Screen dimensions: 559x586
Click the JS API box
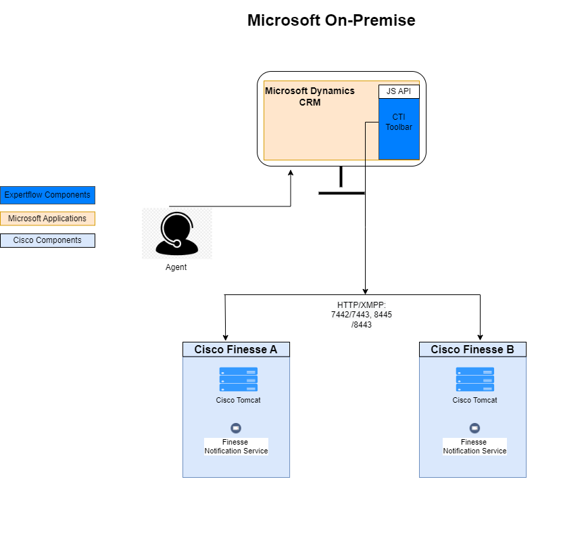click(399, 91)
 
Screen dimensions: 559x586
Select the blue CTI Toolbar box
click(399, 129)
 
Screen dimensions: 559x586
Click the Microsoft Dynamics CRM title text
click(310, 97)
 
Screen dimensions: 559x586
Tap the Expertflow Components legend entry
click(47, 195)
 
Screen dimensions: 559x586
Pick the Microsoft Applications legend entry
click(47, 219)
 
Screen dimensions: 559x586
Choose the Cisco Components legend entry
click(47, 240)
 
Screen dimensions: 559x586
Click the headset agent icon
click(177, 233)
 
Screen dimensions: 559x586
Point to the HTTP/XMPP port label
click(362, 315)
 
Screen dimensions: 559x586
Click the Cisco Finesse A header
click(236, 349)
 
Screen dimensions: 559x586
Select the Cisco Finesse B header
click(472, 349)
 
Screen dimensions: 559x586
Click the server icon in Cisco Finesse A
click(238, 380)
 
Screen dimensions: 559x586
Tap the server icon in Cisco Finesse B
click(474, 380)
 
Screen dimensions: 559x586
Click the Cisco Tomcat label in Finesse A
click(238, 400)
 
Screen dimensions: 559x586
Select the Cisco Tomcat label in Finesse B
click(474, 400)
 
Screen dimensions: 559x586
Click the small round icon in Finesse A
click(236, 428)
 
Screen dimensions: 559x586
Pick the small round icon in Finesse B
click(474, 428)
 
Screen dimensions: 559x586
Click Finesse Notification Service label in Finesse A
click(236, 447)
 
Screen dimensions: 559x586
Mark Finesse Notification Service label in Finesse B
click(474, 447)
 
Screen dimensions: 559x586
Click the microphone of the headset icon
click(177, 244)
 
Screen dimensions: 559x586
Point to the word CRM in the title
click(310, 103)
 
